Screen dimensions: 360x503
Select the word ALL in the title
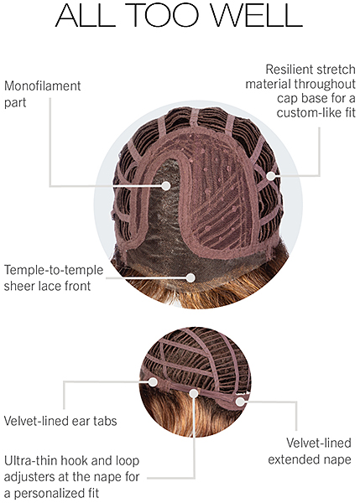pos(86,15)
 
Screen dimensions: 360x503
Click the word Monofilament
pos(43,86)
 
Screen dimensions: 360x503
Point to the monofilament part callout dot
pos(166,185)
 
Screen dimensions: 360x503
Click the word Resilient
pos(288,70)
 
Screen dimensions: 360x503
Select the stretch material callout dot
pos(271,176)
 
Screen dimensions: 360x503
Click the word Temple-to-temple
pos(54,271)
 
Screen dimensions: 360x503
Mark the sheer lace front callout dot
pos(190,277)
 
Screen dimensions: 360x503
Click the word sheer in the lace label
pos(19,286)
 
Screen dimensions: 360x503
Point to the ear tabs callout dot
pos(153,381)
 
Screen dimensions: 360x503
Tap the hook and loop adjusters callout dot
pos(194,393)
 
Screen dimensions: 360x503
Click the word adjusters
pos(30,477)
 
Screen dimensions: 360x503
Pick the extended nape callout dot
pos(240,402)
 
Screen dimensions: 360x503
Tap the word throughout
pos(325,84)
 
